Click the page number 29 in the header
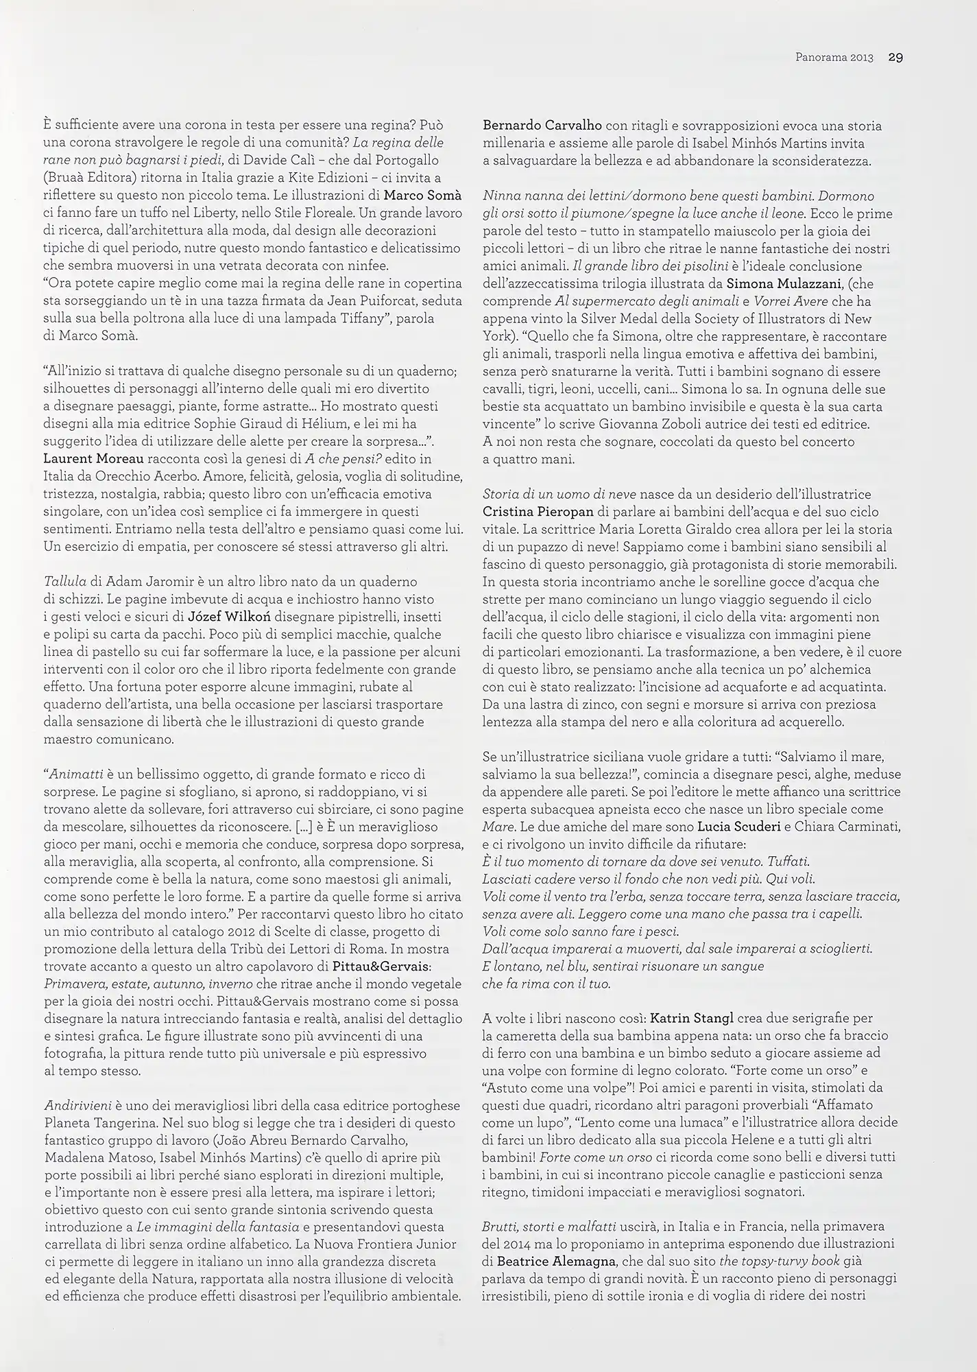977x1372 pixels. (895, 58)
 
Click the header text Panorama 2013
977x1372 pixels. (834, 58)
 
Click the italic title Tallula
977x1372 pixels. (64, 582)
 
